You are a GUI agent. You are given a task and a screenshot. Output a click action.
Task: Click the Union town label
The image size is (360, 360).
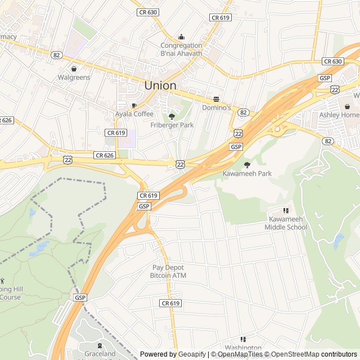click(160, 85)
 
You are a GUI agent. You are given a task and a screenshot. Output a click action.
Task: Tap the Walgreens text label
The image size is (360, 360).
click(74, 77)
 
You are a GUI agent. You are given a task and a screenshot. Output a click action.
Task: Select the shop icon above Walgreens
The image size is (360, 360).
click(74, 68)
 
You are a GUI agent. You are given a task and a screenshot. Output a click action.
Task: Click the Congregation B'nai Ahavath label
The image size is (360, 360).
click(181, 49)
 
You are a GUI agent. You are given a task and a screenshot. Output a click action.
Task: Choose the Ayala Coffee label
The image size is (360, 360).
click(134, 114)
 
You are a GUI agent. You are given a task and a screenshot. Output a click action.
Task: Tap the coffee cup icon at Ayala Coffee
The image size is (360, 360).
click(134, 105)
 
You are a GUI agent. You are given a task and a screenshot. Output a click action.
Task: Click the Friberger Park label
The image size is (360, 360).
click(172, 125)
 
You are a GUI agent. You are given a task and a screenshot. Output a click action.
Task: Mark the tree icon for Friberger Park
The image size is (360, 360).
click(172, 116)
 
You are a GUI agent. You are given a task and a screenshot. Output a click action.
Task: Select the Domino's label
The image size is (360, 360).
click(217, 107)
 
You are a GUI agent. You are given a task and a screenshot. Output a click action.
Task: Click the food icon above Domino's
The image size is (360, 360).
click(216, 98)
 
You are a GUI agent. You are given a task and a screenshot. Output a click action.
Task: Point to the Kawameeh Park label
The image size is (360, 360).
click(247, 173)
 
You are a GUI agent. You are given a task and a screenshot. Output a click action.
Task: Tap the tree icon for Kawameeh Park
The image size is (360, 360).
click(247, 164)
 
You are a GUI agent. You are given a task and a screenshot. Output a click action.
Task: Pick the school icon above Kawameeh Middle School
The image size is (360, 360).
click(286, 210)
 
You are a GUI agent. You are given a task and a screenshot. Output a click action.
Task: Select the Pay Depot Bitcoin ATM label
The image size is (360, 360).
click(168, 272)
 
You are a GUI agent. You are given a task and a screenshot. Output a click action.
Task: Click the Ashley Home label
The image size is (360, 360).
click(339, 115)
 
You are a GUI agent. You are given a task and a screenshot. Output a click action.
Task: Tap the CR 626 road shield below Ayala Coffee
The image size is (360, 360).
click(105, 155)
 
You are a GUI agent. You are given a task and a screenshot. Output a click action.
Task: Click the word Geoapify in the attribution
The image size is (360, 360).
click(192, 354)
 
